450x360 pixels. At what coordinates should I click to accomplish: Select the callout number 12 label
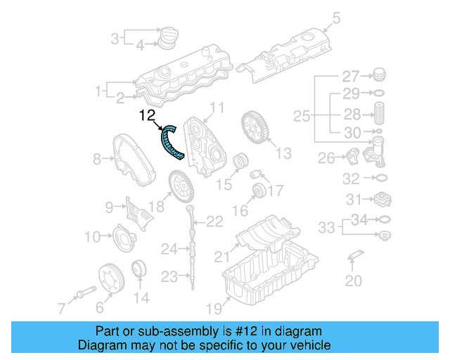point(148,115)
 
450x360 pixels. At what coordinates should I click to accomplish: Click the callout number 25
point(301,115)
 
